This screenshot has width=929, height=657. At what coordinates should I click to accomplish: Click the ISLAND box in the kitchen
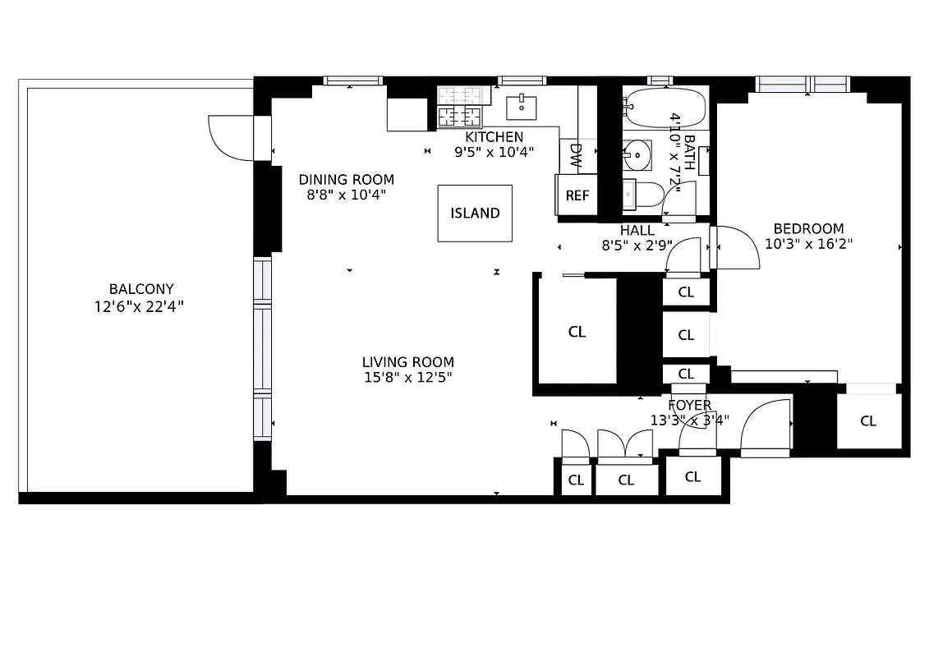pyautogui.click(x=475, y=213)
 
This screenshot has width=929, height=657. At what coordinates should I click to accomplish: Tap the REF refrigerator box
pyautogui.click(x=577, y=195)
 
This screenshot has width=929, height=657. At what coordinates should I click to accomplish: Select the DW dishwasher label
pyautogui.click(x=575, y=155)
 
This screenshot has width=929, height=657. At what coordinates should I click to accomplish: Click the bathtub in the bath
pyautogui.click(x=664, y=106)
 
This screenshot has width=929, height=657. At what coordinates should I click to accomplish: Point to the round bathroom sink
pyautogui.click(x=637, y=154)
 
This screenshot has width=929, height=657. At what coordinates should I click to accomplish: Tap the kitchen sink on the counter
pyautogui.click(x=522, y=106)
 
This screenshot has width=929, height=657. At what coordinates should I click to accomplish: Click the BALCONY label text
pyautogui.click(x=141, y=289)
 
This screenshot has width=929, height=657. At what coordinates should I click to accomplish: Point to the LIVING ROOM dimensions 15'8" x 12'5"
pyautogui.click(x=408, y=377)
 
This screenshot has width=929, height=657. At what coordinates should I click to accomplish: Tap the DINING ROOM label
pyautogui.click(x=346, y=180)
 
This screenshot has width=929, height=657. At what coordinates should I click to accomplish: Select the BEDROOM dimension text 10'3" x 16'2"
pyautogui.click(x=808, y=243)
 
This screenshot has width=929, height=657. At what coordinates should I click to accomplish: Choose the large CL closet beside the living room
pyautogui.click(x=577, y=332)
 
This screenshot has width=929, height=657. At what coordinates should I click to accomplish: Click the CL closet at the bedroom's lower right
pyautogui.click(x=868, y=421)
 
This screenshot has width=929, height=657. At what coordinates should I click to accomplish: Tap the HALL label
pyautogui.click(x=637, y=231)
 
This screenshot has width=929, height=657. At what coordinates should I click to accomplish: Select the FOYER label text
pyautogui.click(x=689, y=406)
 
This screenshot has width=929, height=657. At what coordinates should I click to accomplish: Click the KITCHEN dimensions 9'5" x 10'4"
pyautogui.click(x=494, y=151)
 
